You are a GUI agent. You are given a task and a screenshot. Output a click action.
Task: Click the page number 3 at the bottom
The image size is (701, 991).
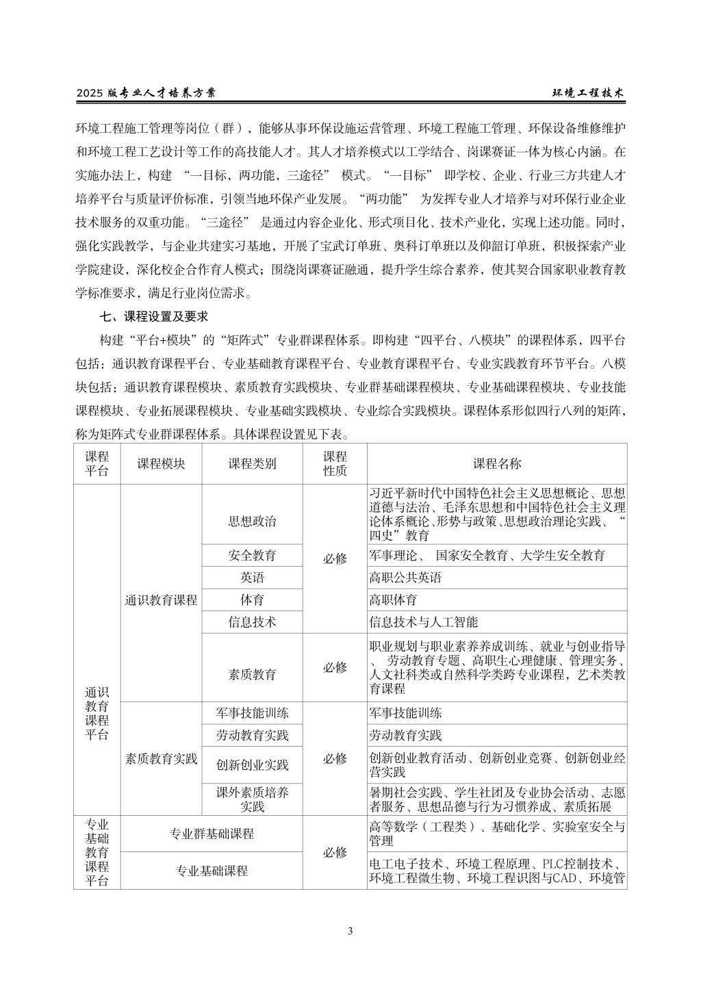[x=350, y=931]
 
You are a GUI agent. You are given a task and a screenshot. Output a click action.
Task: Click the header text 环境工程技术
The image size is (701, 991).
[x=588, y=94]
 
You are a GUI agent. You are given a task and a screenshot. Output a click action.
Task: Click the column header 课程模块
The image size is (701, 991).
[x=161, y=463]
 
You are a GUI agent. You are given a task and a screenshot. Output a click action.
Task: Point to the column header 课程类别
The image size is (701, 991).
[x=252, y=463]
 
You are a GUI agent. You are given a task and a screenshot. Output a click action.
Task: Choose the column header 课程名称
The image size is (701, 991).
[x=496, y=463]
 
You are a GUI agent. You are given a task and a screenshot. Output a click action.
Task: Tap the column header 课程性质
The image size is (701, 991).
[x=335, y=463]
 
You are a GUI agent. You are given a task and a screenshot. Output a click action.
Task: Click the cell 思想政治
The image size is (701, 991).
[x=252, y=522]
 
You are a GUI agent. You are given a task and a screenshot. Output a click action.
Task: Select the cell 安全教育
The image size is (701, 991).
[x=252, y=555]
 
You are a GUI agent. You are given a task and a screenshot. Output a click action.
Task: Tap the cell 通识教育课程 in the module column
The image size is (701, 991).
[x=161, y=600]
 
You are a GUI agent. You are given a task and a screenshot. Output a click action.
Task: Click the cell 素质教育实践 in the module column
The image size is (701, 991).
[x=161, y=758]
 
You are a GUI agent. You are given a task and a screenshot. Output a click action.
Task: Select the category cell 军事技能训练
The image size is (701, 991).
[x=252, y=713]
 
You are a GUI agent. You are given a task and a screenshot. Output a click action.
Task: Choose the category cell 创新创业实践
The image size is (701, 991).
[x=252, y=764]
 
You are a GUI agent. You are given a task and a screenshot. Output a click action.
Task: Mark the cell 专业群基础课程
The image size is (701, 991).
[x=212, y=834]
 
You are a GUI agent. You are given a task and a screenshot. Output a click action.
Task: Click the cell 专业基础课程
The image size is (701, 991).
[x=212, y=871]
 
